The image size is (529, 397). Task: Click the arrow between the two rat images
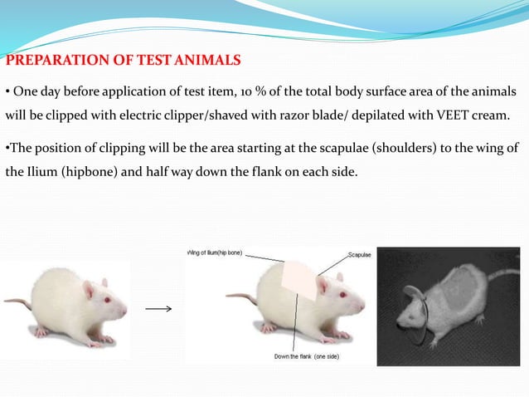tap(158, 309)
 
